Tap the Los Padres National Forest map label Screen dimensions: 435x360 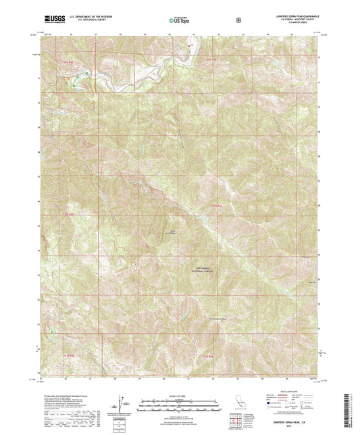pyautogui.click(x=204, y=269)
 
